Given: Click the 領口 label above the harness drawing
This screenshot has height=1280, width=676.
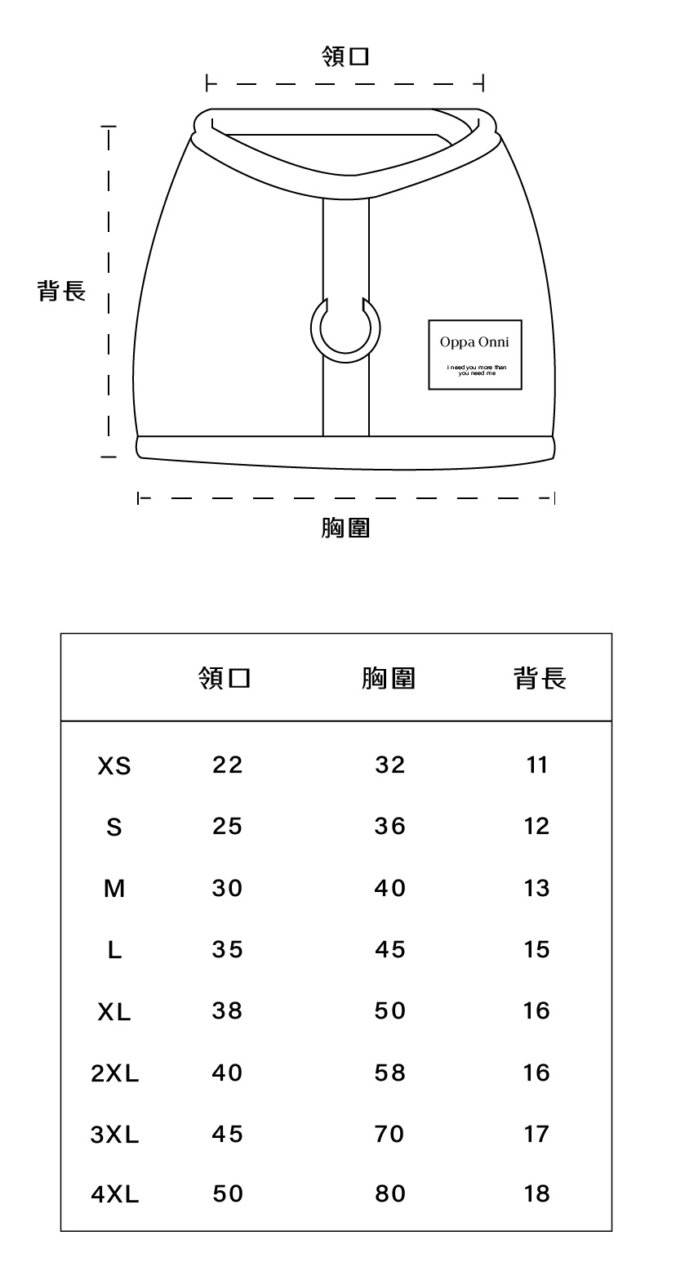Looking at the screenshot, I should click(346, 57).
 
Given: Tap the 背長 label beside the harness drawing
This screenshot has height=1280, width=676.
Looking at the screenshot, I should click(62, 291).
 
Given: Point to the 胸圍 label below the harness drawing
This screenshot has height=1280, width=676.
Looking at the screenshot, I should click(345, 529).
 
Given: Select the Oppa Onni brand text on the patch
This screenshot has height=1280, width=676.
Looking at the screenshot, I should click(474, 341).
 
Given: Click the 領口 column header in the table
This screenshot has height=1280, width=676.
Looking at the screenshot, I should click(224, 678).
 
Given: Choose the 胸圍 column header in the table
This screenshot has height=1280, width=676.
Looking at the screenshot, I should click(389, 678).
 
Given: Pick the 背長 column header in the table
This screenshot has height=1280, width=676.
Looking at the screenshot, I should click(540, 678).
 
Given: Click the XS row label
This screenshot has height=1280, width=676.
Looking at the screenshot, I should click(114, 766).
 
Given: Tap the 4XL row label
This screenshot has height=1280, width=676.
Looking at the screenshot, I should click(115, 1196).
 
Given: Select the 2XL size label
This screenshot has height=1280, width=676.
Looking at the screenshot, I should click(115, 1073).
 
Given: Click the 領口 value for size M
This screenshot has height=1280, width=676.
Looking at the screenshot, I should click(228, 888).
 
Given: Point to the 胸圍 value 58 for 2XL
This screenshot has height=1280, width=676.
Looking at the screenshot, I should click(390, 1073).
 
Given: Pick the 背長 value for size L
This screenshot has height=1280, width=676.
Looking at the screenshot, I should click(537, 949).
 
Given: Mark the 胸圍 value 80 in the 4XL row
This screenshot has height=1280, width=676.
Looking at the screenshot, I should click(390, 1195).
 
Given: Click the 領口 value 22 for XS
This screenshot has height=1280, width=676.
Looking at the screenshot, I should click(228, 765).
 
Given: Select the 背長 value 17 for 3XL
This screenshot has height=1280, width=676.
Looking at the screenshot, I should click(537, 1134).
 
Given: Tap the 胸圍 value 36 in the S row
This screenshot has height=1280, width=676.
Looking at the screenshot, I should click(390, 827).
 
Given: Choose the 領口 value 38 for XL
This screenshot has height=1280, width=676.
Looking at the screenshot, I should click(228, 1011).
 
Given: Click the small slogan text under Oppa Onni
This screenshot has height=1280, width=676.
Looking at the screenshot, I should click(477, 370).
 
